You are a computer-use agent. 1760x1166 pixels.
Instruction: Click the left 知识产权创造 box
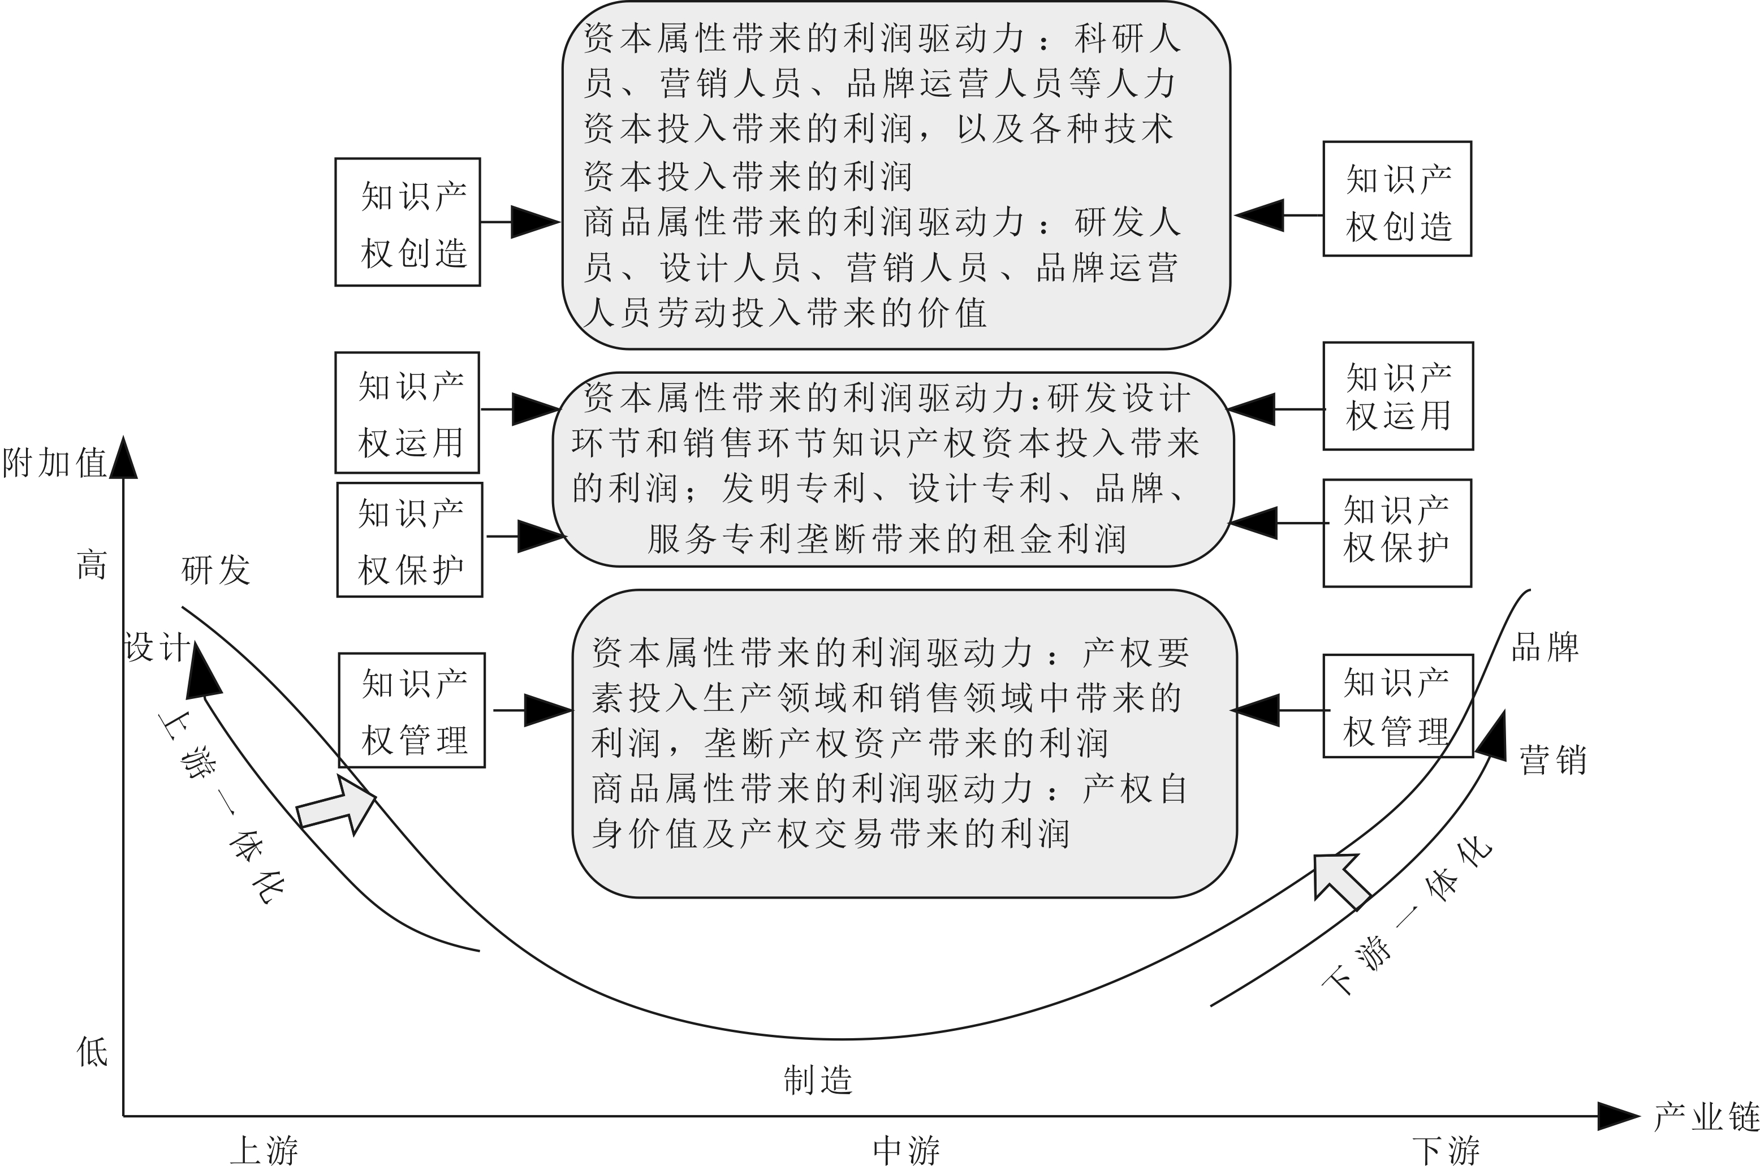[407, 222]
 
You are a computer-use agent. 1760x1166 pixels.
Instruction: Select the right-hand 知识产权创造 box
[1396, 199]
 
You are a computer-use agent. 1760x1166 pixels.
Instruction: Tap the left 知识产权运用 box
[407, 413]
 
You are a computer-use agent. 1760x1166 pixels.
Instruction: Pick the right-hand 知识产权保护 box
[1396, 533]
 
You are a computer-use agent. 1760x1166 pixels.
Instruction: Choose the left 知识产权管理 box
[412, 710]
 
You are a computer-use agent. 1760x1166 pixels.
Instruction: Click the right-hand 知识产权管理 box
[1396, 706]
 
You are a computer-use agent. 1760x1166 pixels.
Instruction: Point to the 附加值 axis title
[54, 463]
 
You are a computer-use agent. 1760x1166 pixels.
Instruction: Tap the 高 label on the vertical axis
[92, 565]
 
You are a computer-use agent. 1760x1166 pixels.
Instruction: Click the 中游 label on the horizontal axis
[905, 1150]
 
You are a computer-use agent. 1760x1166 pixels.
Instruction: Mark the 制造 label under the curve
[818, 1079]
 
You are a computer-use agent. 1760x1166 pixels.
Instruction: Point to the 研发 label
[215, 571]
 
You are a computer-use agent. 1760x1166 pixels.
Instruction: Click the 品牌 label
[1545, 647]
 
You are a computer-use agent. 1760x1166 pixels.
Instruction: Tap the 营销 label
[1552, 760]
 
